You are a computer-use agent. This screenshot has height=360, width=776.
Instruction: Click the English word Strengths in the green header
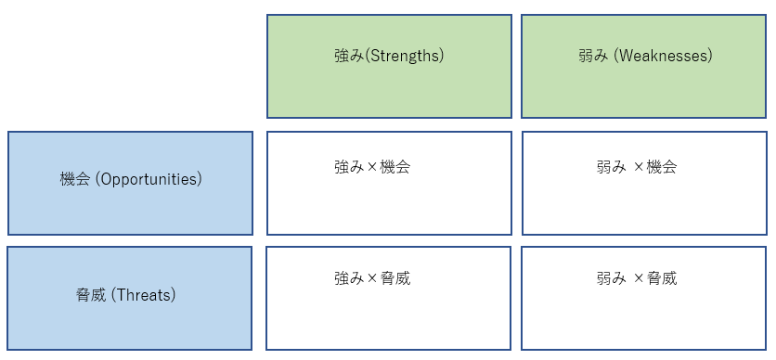[x=405, y=56]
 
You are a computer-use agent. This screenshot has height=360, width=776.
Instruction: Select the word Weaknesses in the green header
[x=668, y=56]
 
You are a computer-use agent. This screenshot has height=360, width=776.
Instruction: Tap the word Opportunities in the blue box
[x=150, y=179]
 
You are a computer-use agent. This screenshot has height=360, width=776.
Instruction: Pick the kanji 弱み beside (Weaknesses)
[x=593, y=56]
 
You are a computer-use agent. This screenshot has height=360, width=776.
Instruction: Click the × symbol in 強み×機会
[x=373, y=168]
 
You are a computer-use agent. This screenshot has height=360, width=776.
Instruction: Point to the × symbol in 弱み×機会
[x=639, y=168]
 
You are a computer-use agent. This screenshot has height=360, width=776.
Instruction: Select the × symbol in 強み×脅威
[x=373, y=278]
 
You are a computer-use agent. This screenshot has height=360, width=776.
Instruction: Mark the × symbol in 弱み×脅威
[x=639, y=278]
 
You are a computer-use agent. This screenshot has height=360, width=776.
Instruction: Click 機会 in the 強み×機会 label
[x=395, y=168]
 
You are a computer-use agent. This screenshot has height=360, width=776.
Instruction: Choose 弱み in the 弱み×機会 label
[x=612, y=168]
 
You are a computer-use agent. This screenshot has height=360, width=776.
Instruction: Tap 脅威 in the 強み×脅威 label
[x=395, y=278]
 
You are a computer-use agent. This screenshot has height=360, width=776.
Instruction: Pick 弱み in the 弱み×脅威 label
[x=612, y=278]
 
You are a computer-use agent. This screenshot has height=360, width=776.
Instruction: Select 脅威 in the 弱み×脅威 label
[x=662, y=278]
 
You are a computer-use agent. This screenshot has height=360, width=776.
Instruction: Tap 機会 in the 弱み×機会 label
[x=662, y=168]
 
